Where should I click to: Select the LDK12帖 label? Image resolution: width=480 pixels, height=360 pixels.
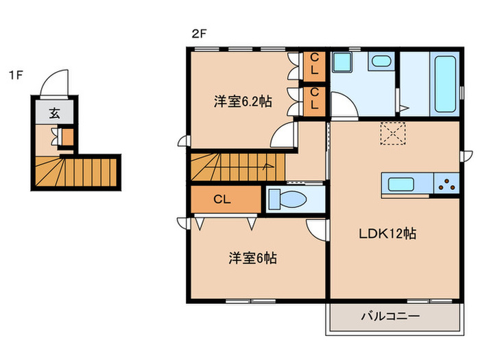tap(387, 233)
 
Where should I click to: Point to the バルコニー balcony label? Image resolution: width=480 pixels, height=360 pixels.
tap(390, 316)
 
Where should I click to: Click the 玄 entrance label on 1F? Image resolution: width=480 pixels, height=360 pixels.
tap(55, 113)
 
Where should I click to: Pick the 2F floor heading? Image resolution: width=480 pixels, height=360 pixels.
tap(199, 32)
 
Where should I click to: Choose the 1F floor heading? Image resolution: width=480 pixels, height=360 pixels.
tap(16, 74)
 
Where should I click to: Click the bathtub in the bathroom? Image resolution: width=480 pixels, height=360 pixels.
tap(444, 84)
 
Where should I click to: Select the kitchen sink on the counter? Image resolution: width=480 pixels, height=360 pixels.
tap(400, 184)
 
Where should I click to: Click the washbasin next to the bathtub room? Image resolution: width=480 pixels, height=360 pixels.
tap(380, 62)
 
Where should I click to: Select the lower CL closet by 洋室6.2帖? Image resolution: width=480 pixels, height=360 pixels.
tap(315, 99)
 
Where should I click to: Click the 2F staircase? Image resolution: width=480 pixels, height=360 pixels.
tap(237, 167)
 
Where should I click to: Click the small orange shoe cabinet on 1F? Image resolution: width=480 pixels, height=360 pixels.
tap(67, 137)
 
